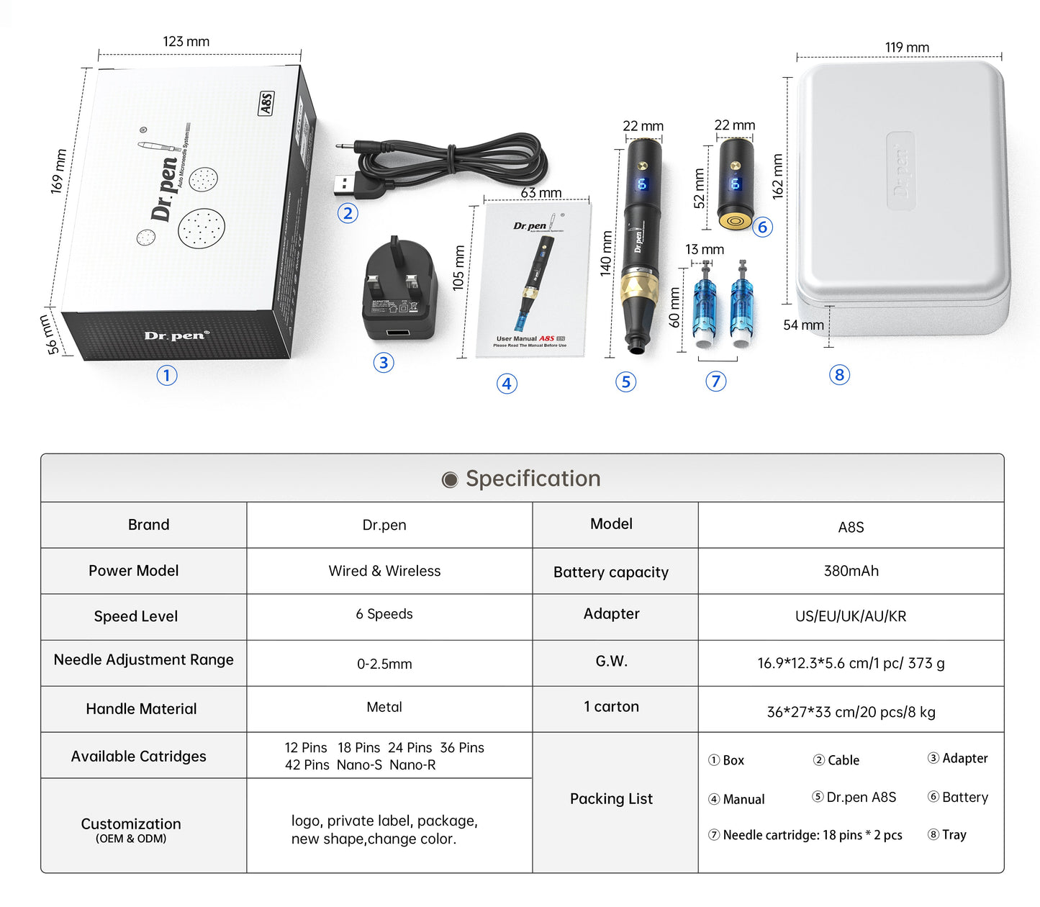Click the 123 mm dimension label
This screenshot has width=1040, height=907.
[186, 42]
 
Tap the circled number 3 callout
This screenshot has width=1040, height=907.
[384, 363]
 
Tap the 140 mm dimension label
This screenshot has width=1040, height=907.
[606, 253]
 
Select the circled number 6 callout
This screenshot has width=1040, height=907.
[763, 227]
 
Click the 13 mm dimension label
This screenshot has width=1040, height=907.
[704, 250]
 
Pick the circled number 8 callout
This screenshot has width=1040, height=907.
[839, 375]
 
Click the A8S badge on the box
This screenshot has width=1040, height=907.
[266, 103]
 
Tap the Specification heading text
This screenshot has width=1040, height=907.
[533, 479]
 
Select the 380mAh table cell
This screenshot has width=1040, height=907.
[851, 571]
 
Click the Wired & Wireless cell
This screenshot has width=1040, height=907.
[384, 571]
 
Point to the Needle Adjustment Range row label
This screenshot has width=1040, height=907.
[144, 660]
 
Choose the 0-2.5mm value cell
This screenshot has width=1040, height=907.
[384, 664]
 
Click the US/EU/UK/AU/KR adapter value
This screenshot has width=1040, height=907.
[851, 616]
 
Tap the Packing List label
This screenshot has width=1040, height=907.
[611, 799]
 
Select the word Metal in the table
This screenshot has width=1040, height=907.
[384, 708]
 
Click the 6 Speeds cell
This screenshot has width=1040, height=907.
[384, 614]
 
